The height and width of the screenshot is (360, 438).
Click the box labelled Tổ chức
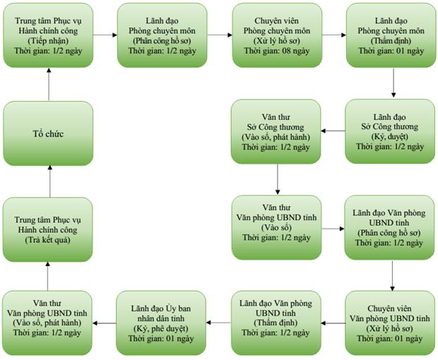click(x=48, y=133)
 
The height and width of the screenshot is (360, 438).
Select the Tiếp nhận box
click(x=48, y=35)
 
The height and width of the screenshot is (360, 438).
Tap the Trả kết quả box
click(x=47, y=229)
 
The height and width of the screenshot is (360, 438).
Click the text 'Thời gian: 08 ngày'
click(x=277, y=51)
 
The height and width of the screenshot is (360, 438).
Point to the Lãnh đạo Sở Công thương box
click(x=390, y=131)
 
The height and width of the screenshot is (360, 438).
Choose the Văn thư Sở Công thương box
click(x=276, y=132)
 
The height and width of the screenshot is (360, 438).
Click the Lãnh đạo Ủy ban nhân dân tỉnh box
click(x=161, y=323)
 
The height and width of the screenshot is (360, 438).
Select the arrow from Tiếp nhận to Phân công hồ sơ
click(x=105, y=35)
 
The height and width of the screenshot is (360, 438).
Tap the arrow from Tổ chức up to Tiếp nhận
click(x=49, y=84)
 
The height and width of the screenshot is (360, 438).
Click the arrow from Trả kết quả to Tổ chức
click(x=50, y=181)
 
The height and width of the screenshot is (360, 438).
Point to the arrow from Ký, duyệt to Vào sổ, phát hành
click(x=333, y=131)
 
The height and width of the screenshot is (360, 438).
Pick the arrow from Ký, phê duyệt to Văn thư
click(x=104, y=323)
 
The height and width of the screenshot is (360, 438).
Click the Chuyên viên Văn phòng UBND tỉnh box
click(x=390, y=323)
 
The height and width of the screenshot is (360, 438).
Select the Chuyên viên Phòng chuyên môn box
click(x=277, y=35)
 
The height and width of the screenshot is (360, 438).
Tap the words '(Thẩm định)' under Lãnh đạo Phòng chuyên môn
click(x=391, y=41)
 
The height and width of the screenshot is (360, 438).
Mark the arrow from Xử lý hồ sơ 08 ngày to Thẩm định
click(x=334, y=35)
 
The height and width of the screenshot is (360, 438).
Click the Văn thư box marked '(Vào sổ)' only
click(x=276, y=227)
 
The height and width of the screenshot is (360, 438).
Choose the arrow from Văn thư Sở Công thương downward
click(x=278, y=179)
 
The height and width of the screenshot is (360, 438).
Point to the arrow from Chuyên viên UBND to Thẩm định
click(x=333, y=323)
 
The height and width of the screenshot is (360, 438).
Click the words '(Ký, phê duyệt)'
click(x=161, y=328)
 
